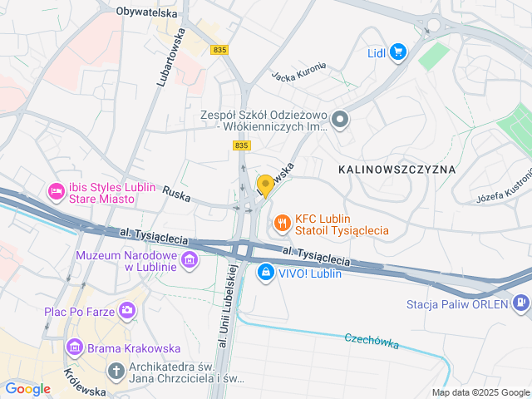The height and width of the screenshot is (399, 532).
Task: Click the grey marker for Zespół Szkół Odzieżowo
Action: [339, 121]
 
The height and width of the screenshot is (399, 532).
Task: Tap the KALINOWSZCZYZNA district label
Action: [397, 169]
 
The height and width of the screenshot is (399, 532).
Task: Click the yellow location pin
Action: [265, 185]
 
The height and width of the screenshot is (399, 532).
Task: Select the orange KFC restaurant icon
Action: [282, 222]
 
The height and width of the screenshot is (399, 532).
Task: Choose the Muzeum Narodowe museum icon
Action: [189, 261]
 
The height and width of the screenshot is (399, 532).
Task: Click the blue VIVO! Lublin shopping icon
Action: [265, 272]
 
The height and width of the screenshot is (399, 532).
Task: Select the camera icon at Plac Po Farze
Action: [126, 312]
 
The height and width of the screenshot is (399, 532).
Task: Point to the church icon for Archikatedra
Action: [117, 369]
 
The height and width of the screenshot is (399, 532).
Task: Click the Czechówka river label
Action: [372, 341]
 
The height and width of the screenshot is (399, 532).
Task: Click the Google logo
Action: [28, 388]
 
